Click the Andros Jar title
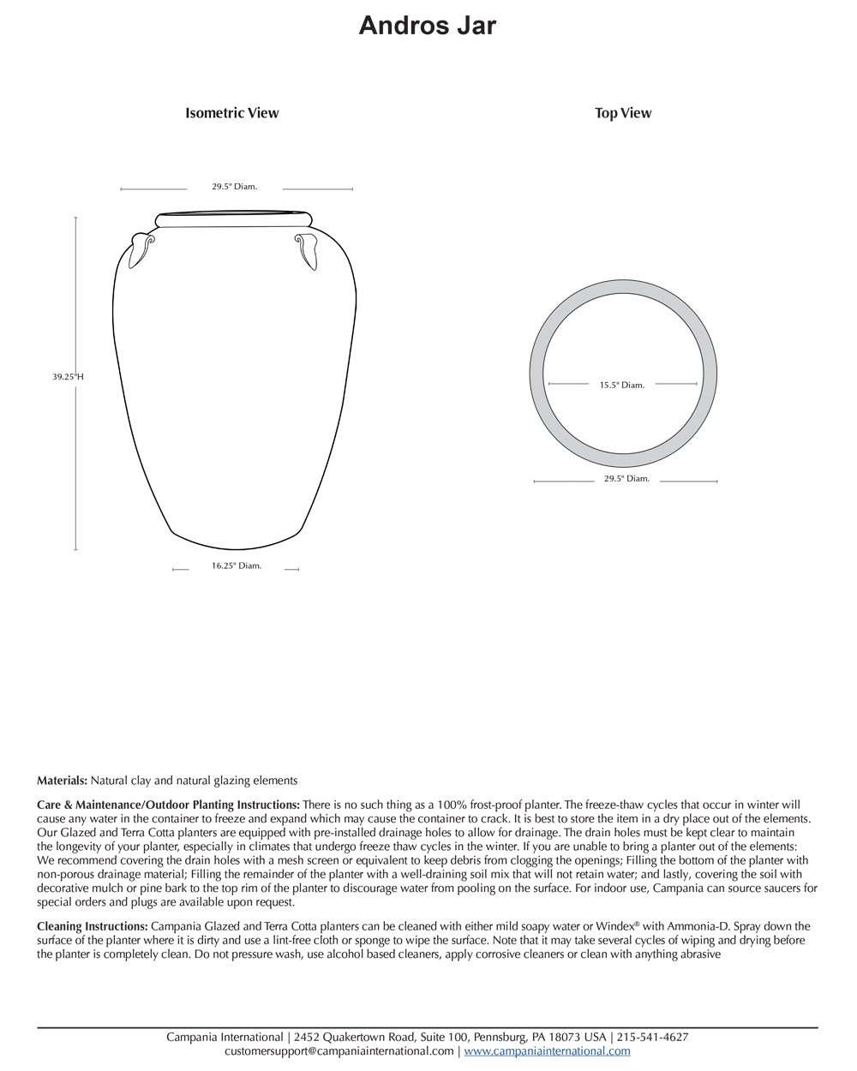coord(427,26)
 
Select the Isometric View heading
coord(232,113)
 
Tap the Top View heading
coord(623,113)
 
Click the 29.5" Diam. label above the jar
coord(235,187)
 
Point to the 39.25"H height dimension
coord(68,376)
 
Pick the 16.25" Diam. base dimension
coord(237,565)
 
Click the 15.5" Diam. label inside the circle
coord(622,386)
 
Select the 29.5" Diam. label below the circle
coord(626,479)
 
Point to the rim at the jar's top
coord(234,219)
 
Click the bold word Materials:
coord(62,781)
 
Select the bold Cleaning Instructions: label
coord(93,926)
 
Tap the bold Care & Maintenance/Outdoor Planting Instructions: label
coord(168,805)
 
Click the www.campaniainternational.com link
coord(547,1050)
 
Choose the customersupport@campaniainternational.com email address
coord(339,1050)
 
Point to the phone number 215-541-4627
coord(652,1037)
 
